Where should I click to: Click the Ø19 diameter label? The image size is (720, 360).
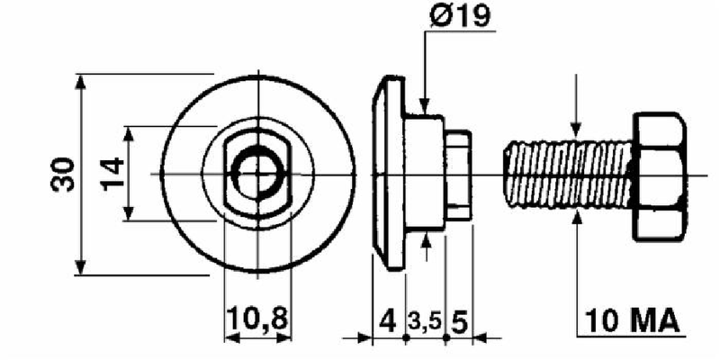pos(460,17)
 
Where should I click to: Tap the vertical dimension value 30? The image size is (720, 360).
pos(63,175)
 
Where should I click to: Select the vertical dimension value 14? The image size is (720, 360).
pos(112,174)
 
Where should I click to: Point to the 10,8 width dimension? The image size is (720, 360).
pos(257,319)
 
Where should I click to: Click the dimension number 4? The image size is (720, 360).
pos(388,322)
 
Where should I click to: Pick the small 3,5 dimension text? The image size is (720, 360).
pos(425,322)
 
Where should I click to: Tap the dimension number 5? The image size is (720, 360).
pos(460,322)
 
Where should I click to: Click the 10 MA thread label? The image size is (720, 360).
pos(632,321)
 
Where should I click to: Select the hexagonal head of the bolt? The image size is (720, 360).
pos(660,176)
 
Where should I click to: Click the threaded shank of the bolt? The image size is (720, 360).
pos(569,175)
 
